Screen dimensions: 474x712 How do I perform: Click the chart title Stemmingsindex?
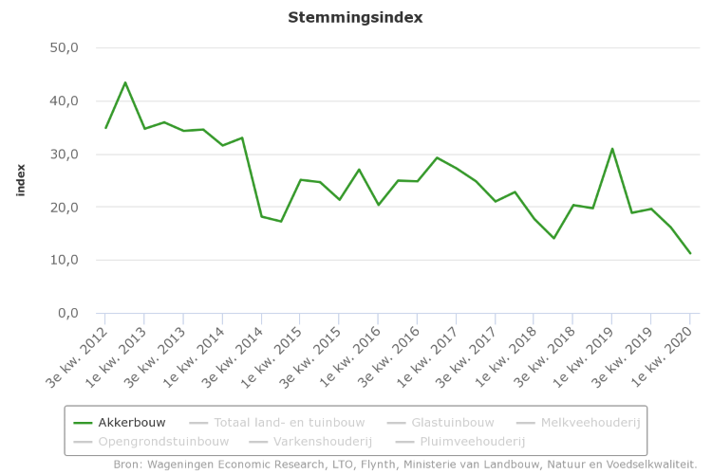pos(355,17)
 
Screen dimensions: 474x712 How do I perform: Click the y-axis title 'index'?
pos(21,180)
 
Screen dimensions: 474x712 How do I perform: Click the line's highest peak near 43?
pos(125,82)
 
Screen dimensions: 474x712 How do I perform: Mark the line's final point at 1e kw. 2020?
pos(690,253)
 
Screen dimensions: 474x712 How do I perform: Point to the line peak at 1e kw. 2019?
pos(612,149)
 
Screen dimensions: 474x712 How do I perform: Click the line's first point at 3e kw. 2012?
pos(105,127)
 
